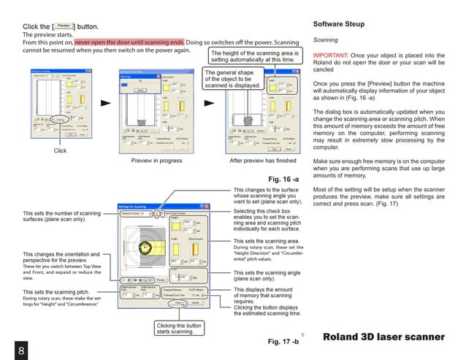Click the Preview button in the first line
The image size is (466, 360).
[64, 26]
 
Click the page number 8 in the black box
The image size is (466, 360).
[22, 349]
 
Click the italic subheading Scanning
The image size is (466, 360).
[325, 41]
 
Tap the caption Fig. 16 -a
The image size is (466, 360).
[283, 178]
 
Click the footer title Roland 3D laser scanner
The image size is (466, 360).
[383, 337]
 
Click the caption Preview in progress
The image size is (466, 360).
[156, 161]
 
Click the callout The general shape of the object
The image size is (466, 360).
[233, 79]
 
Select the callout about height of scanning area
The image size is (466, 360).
[254, 58]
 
